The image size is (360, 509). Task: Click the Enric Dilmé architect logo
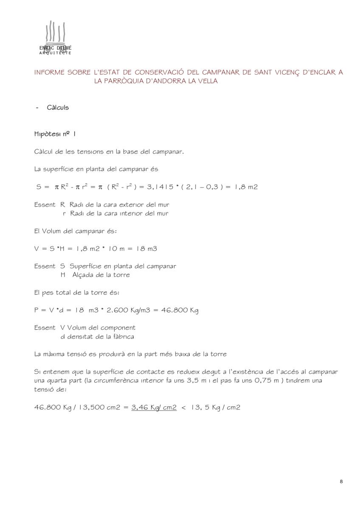click(55, 38)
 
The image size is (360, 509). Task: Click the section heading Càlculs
click(58, 107)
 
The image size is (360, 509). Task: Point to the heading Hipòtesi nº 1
click(55, 134)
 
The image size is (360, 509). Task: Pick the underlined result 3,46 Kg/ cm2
click(154, 407)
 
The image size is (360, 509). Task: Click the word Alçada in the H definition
click(83, 275)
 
